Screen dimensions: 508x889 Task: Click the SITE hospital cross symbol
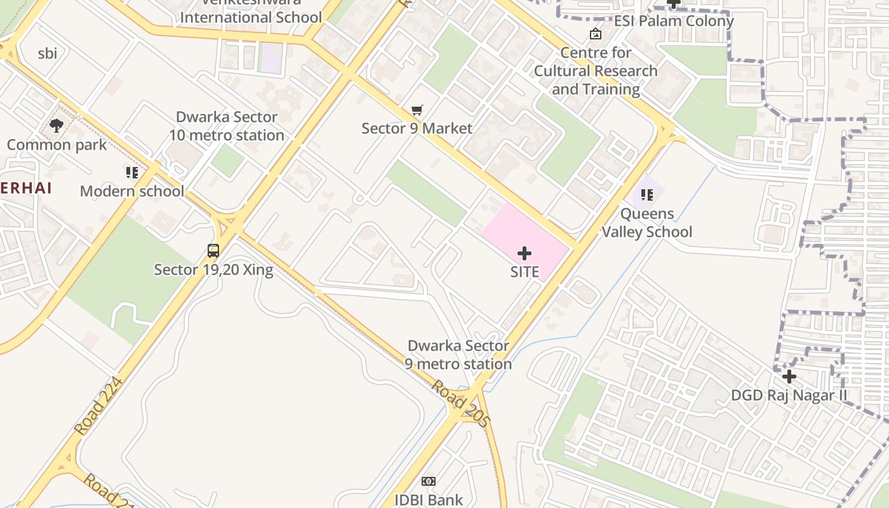[525, 254]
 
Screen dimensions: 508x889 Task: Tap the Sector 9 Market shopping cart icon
[417, 110]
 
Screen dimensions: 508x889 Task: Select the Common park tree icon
[57, 125]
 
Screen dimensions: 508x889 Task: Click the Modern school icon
[131, 173]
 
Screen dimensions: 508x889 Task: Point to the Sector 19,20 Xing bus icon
[213, 251]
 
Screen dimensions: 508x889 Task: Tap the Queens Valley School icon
[647, 195]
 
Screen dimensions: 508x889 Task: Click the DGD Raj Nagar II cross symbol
[789, 377]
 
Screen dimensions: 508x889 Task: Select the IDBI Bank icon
[429, 481]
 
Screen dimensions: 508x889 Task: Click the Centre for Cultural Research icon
[596, 34]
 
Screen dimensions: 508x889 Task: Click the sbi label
[48, 53]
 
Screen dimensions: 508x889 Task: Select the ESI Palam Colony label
[674, 21]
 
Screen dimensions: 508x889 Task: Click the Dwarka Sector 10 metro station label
[227, 126]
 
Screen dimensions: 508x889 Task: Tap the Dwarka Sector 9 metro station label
[458, 355]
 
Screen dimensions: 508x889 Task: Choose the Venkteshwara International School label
[251, 13]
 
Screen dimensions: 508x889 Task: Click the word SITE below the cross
[525, 272]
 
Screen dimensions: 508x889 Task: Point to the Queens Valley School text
[647, 223]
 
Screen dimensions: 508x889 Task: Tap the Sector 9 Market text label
[417, 128]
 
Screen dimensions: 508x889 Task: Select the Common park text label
[57, 145]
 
